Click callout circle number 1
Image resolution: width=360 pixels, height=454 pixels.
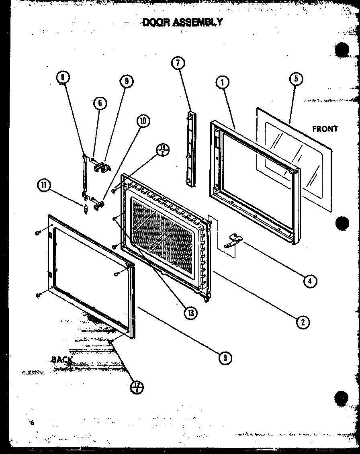pyautogui.click(x=222, y=83)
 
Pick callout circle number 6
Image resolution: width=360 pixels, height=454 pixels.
pyautogui.click(x=100, y=103)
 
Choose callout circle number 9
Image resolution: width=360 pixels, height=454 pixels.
pyautogui.click(x=126, y=81)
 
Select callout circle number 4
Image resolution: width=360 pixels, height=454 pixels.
pyautogui.click(x=308, y=281)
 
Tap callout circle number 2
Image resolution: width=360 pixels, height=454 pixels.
pyautogui.click(x=303, y=321)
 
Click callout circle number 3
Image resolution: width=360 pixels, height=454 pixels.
pyautogui.click(x=226, y=357)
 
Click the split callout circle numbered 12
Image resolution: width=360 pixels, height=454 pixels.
pyautogui.click(x=137, y=388)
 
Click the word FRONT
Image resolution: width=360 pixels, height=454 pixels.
pyautogui.click(x=325, y=129)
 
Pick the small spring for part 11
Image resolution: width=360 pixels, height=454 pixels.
pyautogui.click(x=85, y=209)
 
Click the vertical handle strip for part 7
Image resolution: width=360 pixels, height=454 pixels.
pyautogui.click(x=190, y=149)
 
